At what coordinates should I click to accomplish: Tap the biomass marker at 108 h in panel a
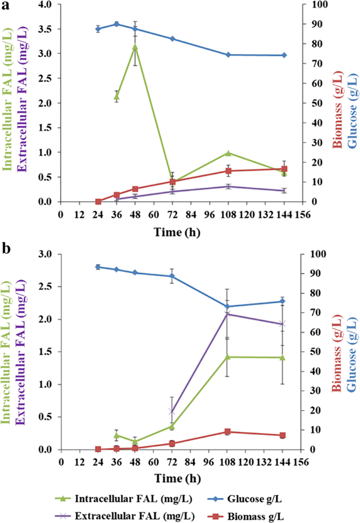click(228, 171)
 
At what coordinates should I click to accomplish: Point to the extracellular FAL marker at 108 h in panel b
click(228, 314)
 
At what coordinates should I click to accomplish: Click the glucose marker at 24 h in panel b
click(98, 267)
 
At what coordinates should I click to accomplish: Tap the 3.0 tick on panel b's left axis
click(46, 254)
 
